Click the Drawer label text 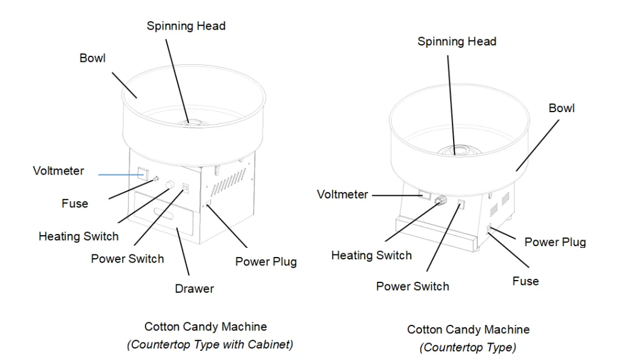[194, 288]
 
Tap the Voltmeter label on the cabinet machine [58, 171]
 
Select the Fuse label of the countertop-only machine [525, 281]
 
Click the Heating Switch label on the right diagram [371, 255]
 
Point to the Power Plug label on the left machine [266, 262]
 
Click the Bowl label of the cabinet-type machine [92, 58]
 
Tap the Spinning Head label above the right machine [457, 41]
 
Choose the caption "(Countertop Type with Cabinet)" [210, 344]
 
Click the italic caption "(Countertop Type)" [468, 347]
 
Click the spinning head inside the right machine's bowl [457, 148]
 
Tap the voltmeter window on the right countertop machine [423, 195]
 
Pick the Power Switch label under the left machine [127, 259]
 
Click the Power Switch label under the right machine [412, 286]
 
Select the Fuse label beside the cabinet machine [75, 204]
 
